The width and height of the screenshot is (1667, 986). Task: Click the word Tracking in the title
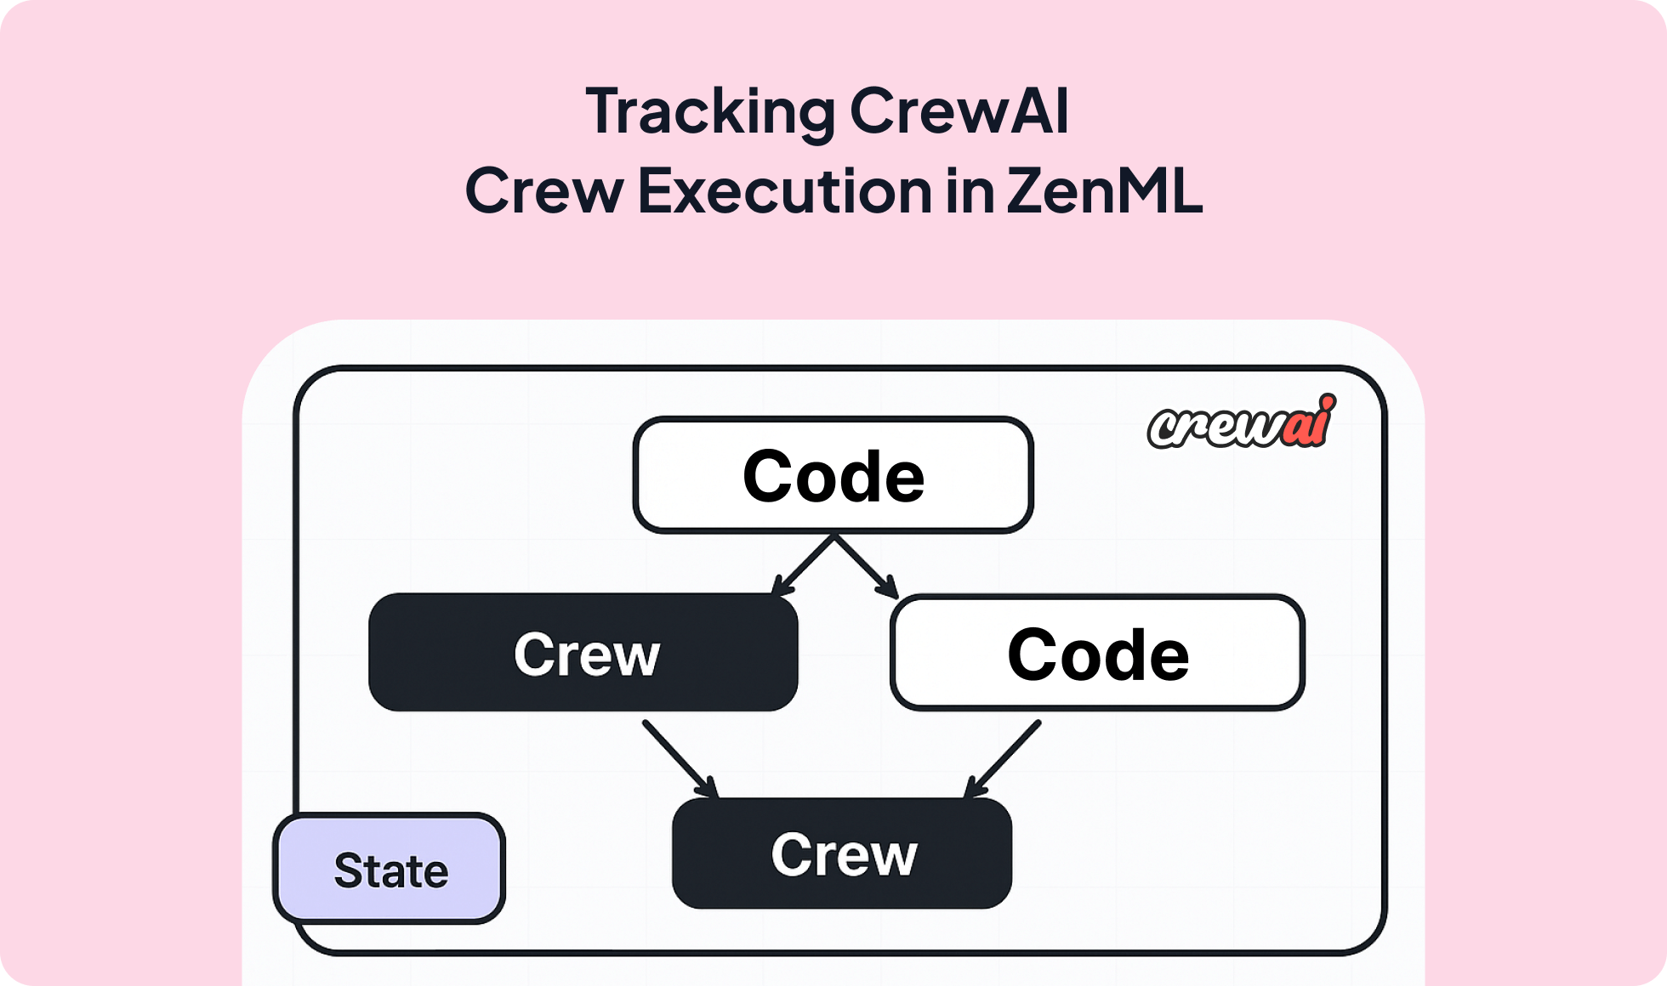click(710, 112)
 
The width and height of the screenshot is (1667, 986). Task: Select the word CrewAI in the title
click(959, 112)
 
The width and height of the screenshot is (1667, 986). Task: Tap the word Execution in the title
click(784, 190)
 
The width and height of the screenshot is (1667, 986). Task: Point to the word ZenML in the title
click(1104, 190)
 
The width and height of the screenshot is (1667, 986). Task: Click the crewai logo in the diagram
click(1240, 422)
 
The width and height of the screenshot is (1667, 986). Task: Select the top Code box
click(833, 476)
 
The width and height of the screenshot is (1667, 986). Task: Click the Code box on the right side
click(1097, 654)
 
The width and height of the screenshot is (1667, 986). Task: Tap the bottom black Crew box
click(842, 853)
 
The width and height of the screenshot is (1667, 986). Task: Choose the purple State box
click(390, 869)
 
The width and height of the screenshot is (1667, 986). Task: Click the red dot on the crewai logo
click(1328, 401)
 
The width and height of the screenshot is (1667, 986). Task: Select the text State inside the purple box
click(390, 870)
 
